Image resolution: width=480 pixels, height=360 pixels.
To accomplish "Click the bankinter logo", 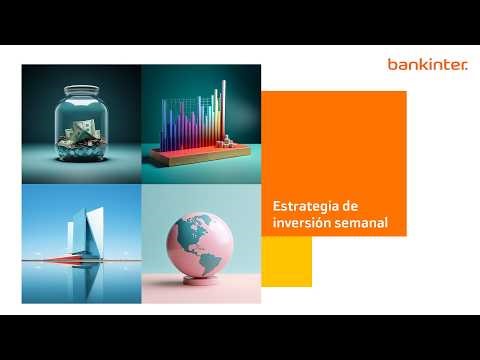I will [x=422, y=65].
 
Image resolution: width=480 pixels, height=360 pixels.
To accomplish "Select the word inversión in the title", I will [x=297, y=222].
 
